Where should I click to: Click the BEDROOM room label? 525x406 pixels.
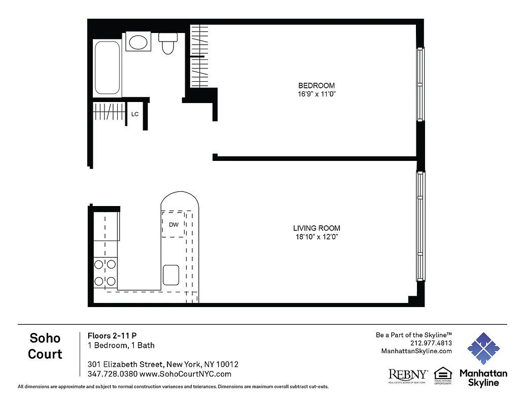316,86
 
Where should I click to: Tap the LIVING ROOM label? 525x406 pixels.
316,228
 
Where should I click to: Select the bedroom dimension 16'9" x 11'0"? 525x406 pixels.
316,94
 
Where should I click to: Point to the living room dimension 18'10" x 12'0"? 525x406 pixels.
316,237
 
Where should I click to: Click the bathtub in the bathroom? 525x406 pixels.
107,67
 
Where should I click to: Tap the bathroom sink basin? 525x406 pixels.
137,42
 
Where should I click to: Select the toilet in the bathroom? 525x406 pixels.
168,44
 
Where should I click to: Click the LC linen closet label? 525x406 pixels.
135,115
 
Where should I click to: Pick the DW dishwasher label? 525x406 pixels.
173,225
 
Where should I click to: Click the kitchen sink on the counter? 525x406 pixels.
171,275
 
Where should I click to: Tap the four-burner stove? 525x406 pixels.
105,273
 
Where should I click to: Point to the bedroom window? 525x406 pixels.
420,84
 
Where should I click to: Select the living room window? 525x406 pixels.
421,226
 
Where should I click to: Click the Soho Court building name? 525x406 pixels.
45,346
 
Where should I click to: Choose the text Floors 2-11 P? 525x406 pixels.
112,335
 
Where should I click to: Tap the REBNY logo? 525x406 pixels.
408,376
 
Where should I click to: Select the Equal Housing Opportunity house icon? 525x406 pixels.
443,373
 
